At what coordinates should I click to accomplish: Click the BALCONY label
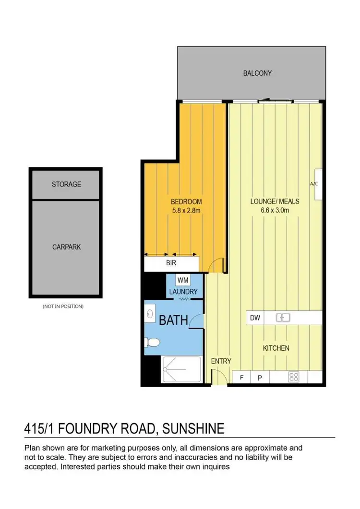coord(257,73)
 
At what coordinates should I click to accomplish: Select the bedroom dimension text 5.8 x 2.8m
coord(186,210)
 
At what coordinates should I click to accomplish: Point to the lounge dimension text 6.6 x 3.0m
coord(275,210)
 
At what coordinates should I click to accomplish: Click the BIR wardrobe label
coord(171,263)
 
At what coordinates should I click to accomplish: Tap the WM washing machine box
coord(182,280)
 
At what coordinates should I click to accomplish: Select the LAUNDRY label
coord(183,291)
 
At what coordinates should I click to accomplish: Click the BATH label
coord(173,320)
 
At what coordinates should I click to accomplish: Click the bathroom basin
coord(150,314)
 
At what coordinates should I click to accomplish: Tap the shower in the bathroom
coord(181,370)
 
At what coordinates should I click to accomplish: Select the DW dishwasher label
coord(255,317)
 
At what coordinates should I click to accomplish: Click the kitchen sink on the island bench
coord(282,317)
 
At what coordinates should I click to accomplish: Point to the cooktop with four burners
coord(294,378)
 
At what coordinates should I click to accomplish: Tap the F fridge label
coord(242,378)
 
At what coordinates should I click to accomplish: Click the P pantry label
coord(260,378)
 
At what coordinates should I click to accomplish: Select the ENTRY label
coord(221,361)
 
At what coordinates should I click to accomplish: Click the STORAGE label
coord(66,184)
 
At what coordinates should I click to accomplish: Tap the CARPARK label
coord(66,247)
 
